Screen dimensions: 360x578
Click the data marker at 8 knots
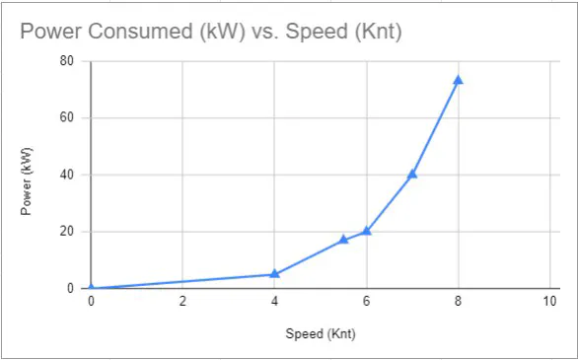click(458, 80)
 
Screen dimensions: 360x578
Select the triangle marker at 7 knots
click(412, 174)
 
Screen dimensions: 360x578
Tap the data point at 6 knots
click(366, 231)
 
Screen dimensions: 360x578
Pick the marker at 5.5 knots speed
click(343, 239)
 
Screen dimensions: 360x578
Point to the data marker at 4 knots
click(274, 273)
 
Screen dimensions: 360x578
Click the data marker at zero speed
click(91, 288)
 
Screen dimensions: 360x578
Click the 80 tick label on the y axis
click(67, 60)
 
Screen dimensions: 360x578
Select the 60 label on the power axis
click(67, 117)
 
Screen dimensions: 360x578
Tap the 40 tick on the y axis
click(67, 175)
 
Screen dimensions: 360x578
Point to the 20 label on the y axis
click(67, 232)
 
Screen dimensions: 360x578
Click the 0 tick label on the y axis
click(71, 288)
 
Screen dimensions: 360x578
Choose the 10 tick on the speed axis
click(548, 302)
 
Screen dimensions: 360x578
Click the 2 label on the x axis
click(182, 302)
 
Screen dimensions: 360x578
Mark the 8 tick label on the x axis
click(458, 302)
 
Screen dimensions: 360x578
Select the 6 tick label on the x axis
click(366, 302)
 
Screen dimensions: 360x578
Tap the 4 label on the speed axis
click(274, 302)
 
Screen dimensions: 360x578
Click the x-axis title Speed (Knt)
click(320, 333)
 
